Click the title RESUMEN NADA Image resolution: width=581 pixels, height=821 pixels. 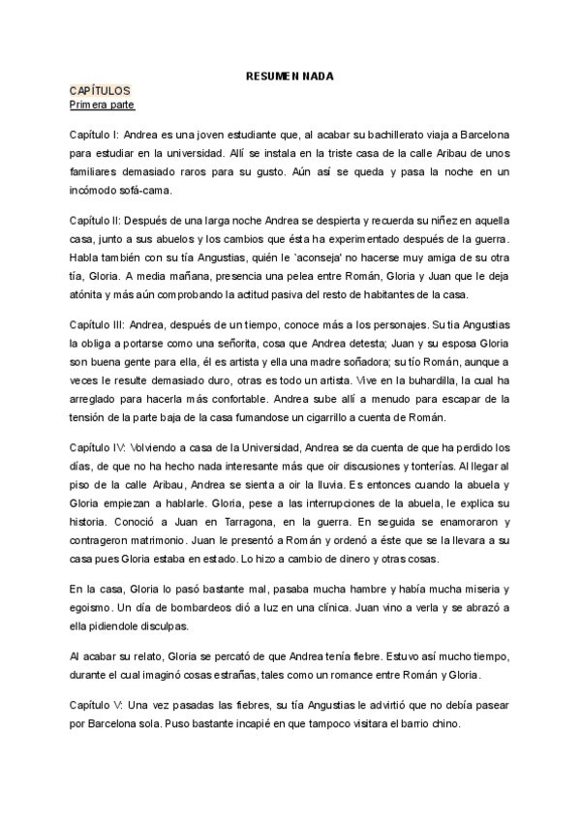tap(290, 76)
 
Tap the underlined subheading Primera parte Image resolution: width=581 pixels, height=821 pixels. tap(102, 104)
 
